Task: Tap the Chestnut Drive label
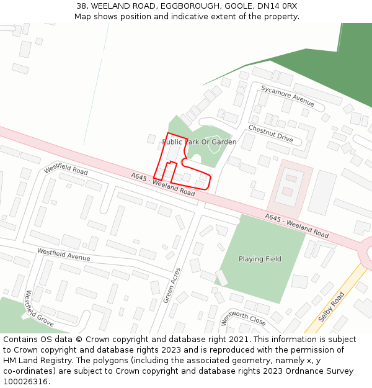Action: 270,133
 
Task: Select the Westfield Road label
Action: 66,169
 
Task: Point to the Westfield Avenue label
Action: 63,255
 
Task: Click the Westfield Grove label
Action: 38,309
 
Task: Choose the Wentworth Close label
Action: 243,318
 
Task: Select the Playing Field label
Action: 260,259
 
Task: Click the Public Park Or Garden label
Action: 199,142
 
